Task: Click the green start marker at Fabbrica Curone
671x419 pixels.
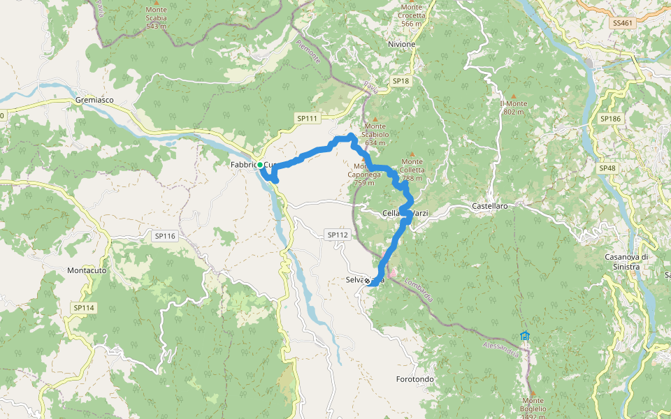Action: (x=260, y=165)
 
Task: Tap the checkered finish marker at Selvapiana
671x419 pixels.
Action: (x=367, y=281)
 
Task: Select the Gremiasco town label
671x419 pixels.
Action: (x=94, y=101)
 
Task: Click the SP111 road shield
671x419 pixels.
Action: (x=306, y=119)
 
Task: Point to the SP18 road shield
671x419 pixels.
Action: (x=400, y=81)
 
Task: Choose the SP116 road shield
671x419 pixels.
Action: (x=165, y=236)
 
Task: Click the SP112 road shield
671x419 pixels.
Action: (x=337, y=235)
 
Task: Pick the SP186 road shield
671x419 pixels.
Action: (x=609, y=119)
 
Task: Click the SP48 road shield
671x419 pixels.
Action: (x=607, y=168)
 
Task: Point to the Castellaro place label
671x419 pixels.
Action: (x=489, y=207)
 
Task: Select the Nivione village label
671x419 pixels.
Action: (x=401, y=44)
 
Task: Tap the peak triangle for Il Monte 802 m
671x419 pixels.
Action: (x=514, y=96)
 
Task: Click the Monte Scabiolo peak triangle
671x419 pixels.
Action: (x=375, y=119)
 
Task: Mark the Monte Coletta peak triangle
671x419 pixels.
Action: (x=412, y=154)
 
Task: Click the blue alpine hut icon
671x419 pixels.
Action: (x=525, y=336)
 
